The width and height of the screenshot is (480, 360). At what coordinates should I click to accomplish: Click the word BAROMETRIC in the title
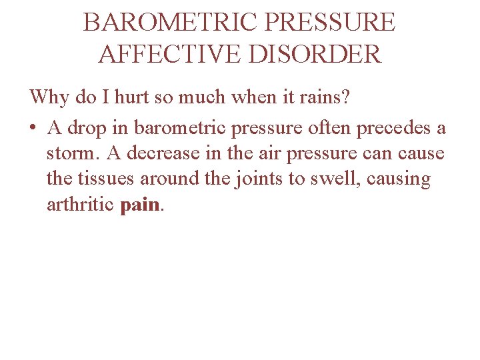tap(169, 23)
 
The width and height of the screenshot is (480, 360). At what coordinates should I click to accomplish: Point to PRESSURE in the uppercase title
tap(330, 23)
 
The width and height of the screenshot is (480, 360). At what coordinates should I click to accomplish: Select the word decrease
tap(157, 153)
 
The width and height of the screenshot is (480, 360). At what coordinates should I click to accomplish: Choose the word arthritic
tap(81, 205)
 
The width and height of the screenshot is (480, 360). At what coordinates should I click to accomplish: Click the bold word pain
tap(141, 205)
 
